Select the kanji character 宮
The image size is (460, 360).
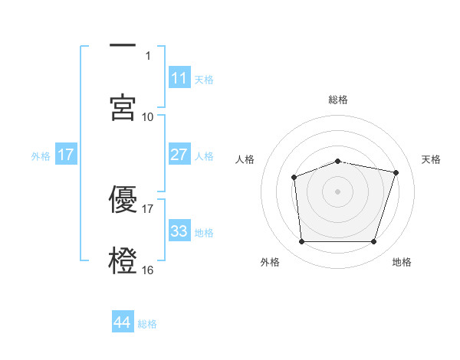(x=123, y=107)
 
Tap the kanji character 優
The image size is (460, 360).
(x=123, y=199)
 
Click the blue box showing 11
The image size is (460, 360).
(x=179, y=78)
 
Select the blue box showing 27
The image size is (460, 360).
(x=179, y=155)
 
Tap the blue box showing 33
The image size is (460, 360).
(x=179, y=231)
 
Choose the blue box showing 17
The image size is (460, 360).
(x=66, y=155)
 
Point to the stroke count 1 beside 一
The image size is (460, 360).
(x=149, y=55)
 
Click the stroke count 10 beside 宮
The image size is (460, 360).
(x=148, y=116)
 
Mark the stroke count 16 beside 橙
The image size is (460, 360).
(x=148, y=270)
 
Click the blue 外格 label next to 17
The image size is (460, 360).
(x=41, y=155)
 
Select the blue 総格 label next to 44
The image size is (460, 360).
(x=147, y=324)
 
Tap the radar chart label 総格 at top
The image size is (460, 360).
(x=337, y=100)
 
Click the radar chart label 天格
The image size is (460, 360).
(x=431, y=159)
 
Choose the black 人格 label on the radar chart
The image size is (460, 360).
(x=245, y=159)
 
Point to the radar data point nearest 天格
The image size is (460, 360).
(x=396, y=172)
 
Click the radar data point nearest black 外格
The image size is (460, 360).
(x=301, y=242)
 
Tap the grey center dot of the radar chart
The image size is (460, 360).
(x=337, y=191)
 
